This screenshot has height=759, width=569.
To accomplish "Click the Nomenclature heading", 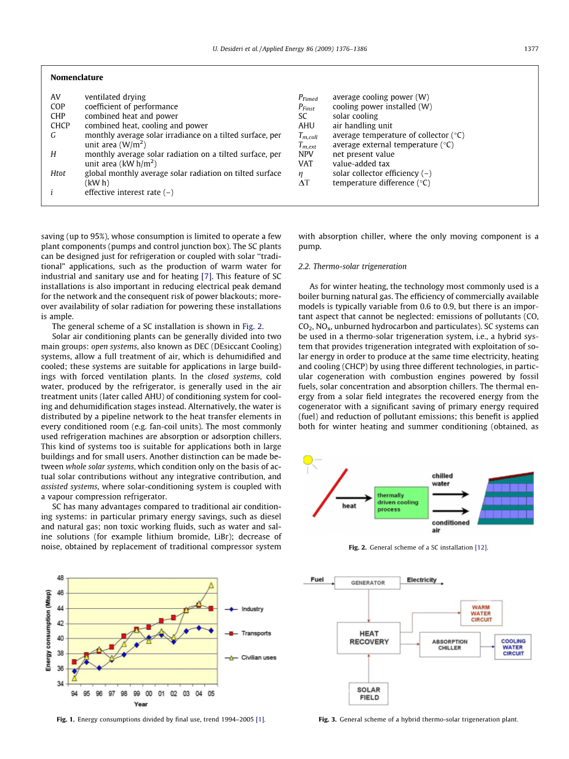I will coord(77,77).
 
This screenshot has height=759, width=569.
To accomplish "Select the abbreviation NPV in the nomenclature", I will coord(306,154).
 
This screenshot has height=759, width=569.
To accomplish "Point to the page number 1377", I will coord(531,49).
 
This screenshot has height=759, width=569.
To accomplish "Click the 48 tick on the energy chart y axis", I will coord(60,578).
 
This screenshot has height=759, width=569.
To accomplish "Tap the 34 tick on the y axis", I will coord(60,683).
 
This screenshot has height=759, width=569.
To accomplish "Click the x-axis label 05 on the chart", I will coord(211,694).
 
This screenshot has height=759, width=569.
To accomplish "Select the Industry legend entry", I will coord(252,609).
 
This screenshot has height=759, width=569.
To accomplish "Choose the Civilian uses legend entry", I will coord(258,658).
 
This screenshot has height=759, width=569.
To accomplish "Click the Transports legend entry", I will coord(255,633).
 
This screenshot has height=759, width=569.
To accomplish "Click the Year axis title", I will coord(141,704).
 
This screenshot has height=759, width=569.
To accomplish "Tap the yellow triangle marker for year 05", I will coord(211,586).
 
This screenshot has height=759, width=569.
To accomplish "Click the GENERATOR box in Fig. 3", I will coord(368,582).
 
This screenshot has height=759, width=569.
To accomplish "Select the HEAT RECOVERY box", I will coord(368,638).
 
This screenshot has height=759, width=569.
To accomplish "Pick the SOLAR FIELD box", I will coord(369,694).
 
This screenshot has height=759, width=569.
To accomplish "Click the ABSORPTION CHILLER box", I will coord(450,645).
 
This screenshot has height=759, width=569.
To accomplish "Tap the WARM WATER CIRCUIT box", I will coord(481,613).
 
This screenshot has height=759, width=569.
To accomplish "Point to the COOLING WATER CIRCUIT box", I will coord(512,648).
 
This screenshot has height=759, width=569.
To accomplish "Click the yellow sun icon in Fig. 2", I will coord(308,460).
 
